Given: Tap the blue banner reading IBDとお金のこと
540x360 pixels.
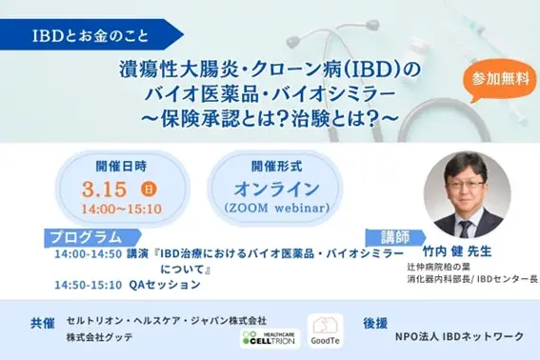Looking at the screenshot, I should [91, 37].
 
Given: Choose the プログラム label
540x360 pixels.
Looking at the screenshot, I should [87, 236].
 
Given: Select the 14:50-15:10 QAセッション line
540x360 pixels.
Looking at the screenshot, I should [116, 284].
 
